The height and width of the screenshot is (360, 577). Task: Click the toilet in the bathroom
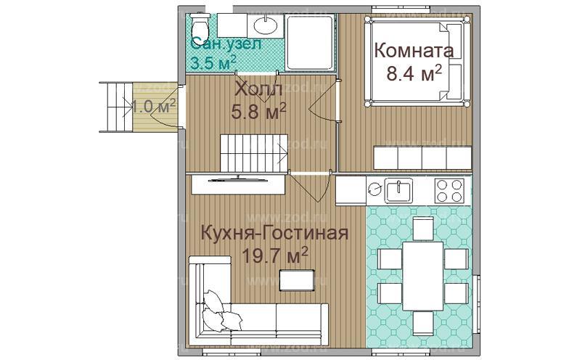click(200, 30)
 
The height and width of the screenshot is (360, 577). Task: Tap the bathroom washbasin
click(266, 26)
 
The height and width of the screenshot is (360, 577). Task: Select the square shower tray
click(310, 43)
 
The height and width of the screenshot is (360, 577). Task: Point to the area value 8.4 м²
click(414, 74)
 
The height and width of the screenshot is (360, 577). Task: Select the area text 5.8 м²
click(258, 111)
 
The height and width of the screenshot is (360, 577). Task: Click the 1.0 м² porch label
click(154, 106)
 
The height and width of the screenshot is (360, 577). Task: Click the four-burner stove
click(451, 190)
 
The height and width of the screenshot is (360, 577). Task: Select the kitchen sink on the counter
click(399, 190)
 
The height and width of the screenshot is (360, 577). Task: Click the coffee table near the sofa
click(298, 279)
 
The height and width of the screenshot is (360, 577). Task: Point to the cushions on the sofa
click(219, 311)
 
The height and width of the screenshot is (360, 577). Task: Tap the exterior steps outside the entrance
click(114, 106)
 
